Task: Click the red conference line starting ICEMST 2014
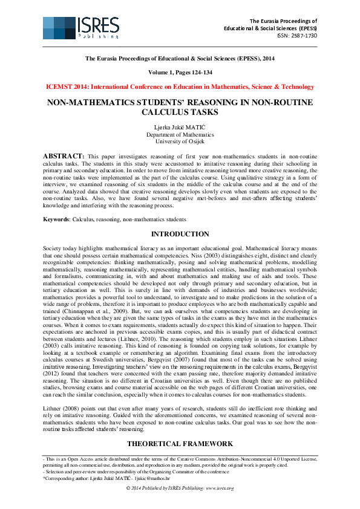[180, 87]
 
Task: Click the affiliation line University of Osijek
[180, 141]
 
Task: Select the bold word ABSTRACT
[64, 156]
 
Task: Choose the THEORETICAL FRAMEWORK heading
[180, 444]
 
